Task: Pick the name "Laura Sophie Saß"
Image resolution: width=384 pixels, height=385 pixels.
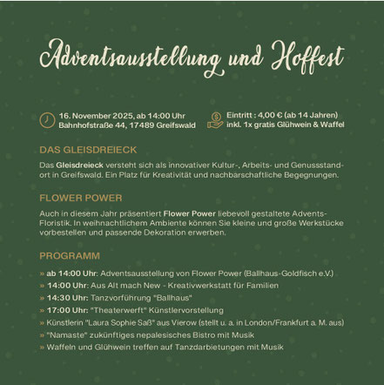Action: (x=125, y=322)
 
